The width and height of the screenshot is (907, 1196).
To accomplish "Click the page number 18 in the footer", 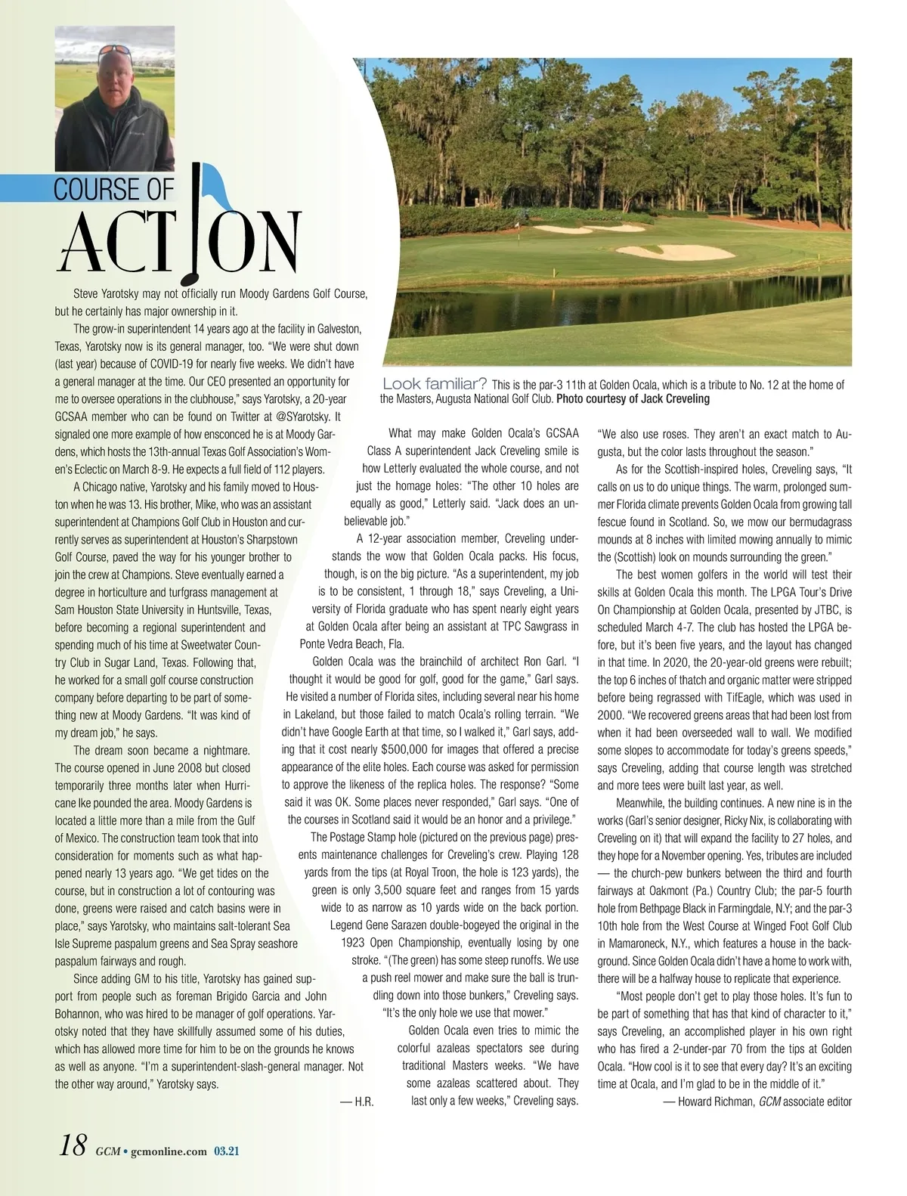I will point(74,1146).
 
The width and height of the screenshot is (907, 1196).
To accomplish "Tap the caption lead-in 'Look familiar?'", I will point(435,384).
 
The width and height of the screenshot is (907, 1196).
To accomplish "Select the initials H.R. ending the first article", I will point(358,1101).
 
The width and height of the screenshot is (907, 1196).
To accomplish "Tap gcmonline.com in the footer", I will point(168,1151).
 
